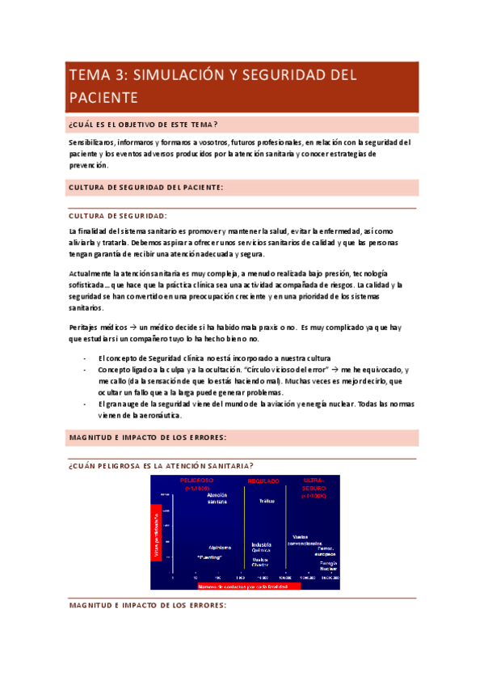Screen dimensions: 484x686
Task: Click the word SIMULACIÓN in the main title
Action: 171,75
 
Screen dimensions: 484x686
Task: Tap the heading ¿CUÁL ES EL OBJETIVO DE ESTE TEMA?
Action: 144,124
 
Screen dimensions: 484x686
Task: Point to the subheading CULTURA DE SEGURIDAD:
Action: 118,215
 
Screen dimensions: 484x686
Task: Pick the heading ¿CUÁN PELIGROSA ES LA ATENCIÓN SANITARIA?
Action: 162,465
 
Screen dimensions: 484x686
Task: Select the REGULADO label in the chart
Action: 262,481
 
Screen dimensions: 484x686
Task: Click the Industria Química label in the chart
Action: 262,548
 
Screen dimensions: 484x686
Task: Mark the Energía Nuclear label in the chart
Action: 327,565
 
